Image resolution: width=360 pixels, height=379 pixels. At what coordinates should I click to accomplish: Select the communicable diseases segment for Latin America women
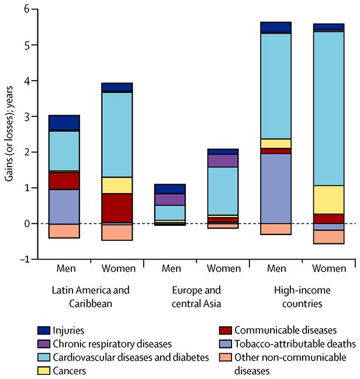pyautogui.click(x=117, y=208)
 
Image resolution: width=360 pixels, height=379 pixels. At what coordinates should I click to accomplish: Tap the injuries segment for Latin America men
pyautogui.click(x=64, y=122)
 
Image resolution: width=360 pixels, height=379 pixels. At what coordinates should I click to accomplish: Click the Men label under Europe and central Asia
pyautogui.click(x=170, y=269)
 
